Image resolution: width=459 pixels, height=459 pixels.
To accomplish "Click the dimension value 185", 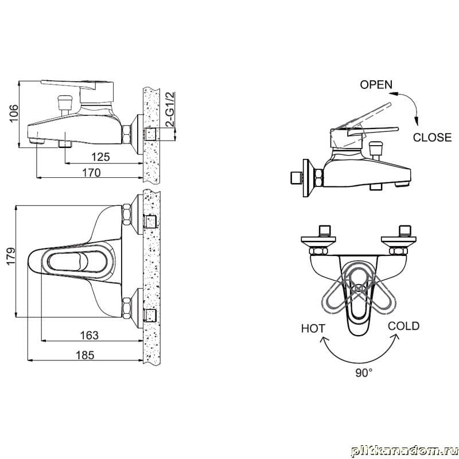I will tap(85, 355).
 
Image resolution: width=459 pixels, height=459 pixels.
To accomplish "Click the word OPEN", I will tap(376, 85).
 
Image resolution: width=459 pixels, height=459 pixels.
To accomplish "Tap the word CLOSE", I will tap(432, 138).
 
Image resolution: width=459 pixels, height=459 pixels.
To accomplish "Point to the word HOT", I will tap(313, 329).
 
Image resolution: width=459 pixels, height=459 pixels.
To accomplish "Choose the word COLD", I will tap(403, 326).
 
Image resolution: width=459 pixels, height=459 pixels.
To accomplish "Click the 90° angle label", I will tap(363, 372).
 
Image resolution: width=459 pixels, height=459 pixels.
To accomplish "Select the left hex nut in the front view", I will tap(317, 251).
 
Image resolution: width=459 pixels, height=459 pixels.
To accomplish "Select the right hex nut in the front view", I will tap(397, 251).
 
